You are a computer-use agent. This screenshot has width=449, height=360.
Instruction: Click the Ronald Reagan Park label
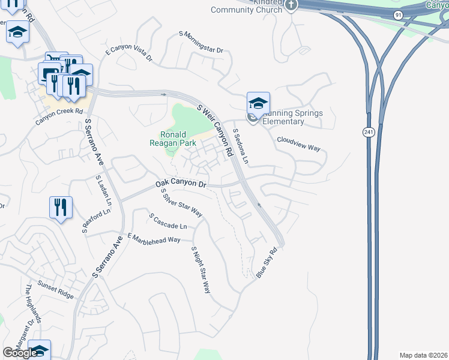click(173, 139)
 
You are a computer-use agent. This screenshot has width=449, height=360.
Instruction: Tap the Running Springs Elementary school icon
click(258, 103)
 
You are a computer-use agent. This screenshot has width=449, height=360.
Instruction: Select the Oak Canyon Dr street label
click(181, 184)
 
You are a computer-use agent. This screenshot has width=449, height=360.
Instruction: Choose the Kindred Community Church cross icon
click(291, 6)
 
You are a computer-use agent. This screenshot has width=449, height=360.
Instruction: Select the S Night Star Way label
click(201, 269)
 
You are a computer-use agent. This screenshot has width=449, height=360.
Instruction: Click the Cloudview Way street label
click(298, 144)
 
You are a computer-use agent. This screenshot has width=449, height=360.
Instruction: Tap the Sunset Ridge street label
click(55, 292)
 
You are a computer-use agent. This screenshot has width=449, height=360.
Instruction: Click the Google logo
click(20, 353)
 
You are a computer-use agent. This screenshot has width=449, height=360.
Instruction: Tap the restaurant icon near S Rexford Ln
click(61, 208)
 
